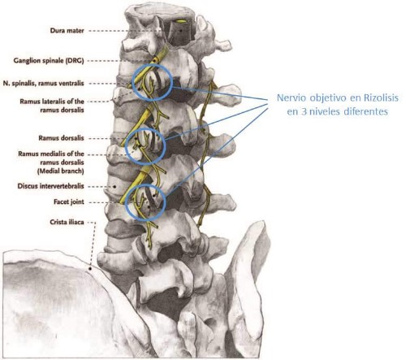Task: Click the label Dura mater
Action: (x=67, y=30)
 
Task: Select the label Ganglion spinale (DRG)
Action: (x=49, y=60)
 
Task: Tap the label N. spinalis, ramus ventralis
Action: (x=44, y=83)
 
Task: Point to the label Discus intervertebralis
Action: (x=50, y=186)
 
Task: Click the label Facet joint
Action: (x=69, y=202)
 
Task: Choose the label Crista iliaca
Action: (x=67, y=222)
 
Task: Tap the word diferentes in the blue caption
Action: (x=365, y=111)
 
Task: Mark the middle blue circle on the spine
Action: (x=125, y=146)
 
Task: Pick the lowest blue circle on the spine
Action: (x=126, y=202)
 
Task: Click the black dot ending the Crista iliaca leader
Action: (x=89, y=268)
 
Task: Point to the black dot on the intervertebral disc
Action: (x=114, y=186)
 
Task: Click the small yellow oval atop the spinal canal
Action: (x=180, y=21)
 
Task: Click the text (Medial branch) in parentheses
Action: (x=61, y=171)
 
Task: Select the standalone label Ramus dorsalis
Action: (x=61, y=138)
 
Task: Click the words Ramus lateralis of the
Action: (x=52, y=102)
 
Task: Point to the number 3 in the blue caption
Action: (x=304, y=111)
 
